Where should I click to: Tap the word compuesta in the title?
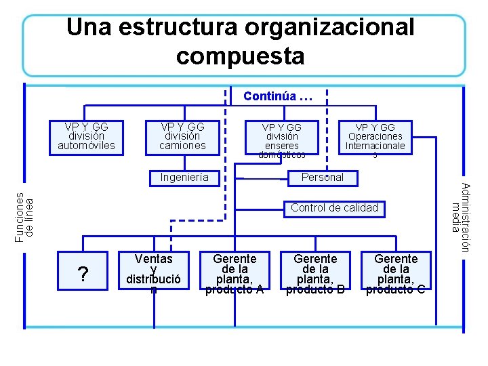pos(241,56)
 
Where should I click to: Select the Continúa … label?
pos(278,96)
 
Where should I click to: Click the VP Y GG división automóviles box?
pos(87,136)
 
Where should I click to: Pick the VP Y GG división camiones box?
pos(182,136)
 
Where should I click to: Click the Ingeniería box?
pos(184,178)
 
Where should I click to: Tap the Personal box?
pos(323,178)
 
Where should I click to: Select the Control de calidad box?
pos(335,208)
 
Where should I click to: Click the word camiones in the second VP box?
pos(182,145)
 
